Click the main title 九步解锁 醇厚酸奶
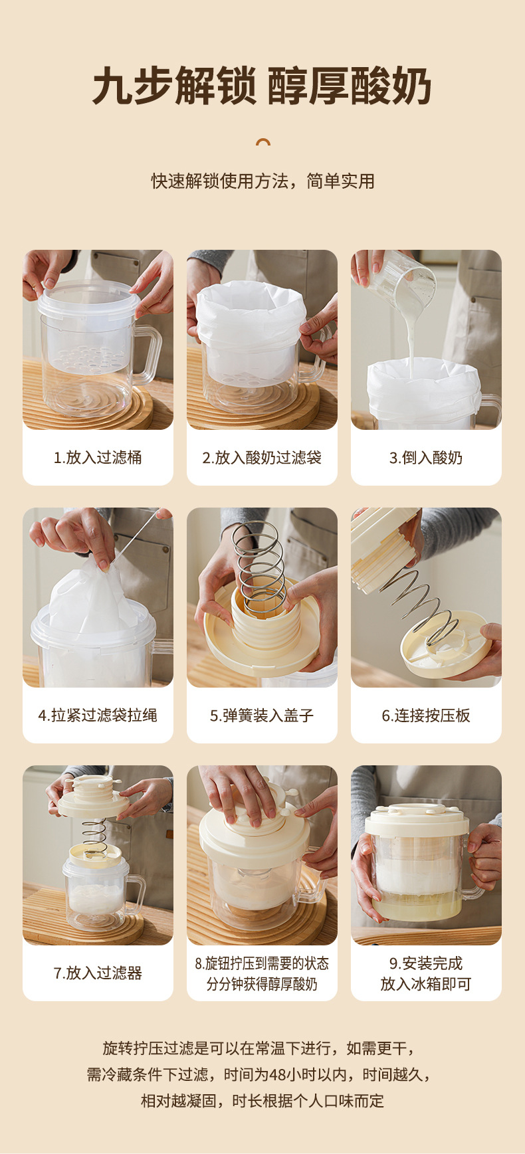[x=262, y=86]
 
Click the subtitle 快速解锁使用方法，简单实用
[x=262, y=181]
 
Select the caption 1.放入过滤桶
[x=98, y=457]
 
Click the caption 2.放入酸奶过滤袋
[x=262, y=457]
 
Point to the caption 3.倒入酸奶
[x=426, y=457]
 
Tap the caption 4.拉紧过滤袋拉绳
[x=98, y=715]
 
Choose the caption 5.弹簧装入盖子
[x=262, y=715]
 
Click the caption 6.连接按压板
[x=426, y=715]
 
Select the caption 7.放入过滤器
[x=98, y=973]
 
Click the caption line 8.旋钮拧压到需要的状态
[x=262, y=963]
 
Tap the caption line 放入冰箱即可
[x=426, y=984]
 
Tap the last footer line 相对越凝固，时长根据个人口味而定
[x=262, y=1101]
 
